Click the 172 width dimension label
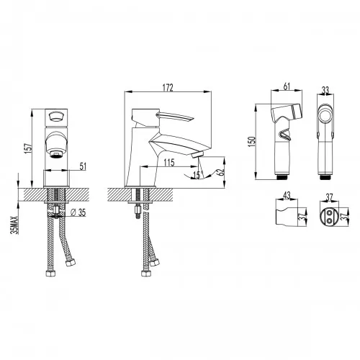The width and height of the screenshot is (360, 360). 168,88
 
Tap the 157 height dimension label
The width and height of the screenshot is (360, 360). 28,148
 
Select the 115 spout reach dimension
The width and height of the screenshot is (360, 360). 169,163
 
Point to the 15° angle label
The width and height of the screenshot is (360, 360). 197,175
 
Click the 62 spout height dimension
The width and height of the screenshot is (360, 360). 220,172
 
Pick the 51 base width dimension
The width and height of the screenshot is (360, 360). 83,166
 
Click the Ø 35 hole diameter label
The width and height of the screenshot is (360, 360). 78,212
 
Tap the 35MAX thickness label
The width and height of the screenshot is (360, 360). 15,225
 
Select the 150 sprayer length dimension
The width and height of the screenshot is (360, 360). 252,142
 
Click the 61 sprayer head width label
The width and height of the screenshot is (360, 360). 287,86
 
